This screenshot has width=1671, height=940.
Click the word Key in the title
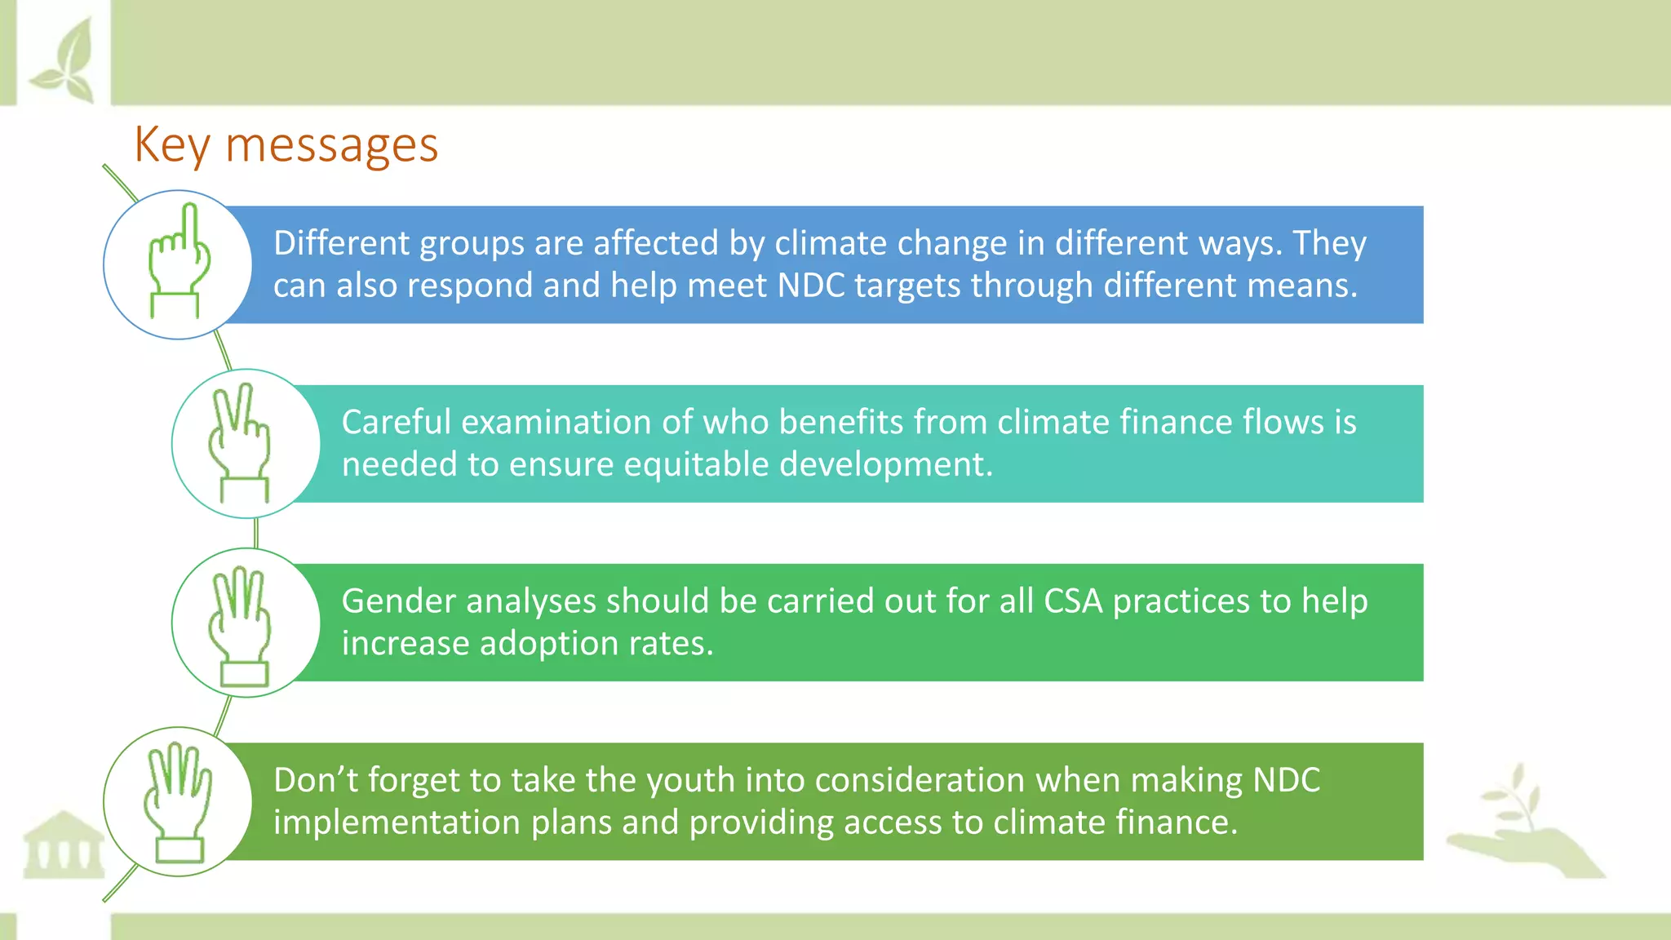point(172,146)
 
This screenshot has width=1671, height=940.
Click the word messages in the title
point(331,146)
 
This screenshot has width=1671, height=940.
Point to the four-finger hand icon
point(177,801)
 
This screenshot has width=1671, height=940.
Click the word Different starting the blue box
point(342,243)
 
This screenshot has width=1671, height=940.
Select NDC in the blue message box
point(811,286)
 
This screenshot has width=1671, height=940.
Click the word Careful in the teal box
point(396,423)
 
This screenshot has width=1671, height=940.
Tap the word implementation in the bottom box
point(397,822)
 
